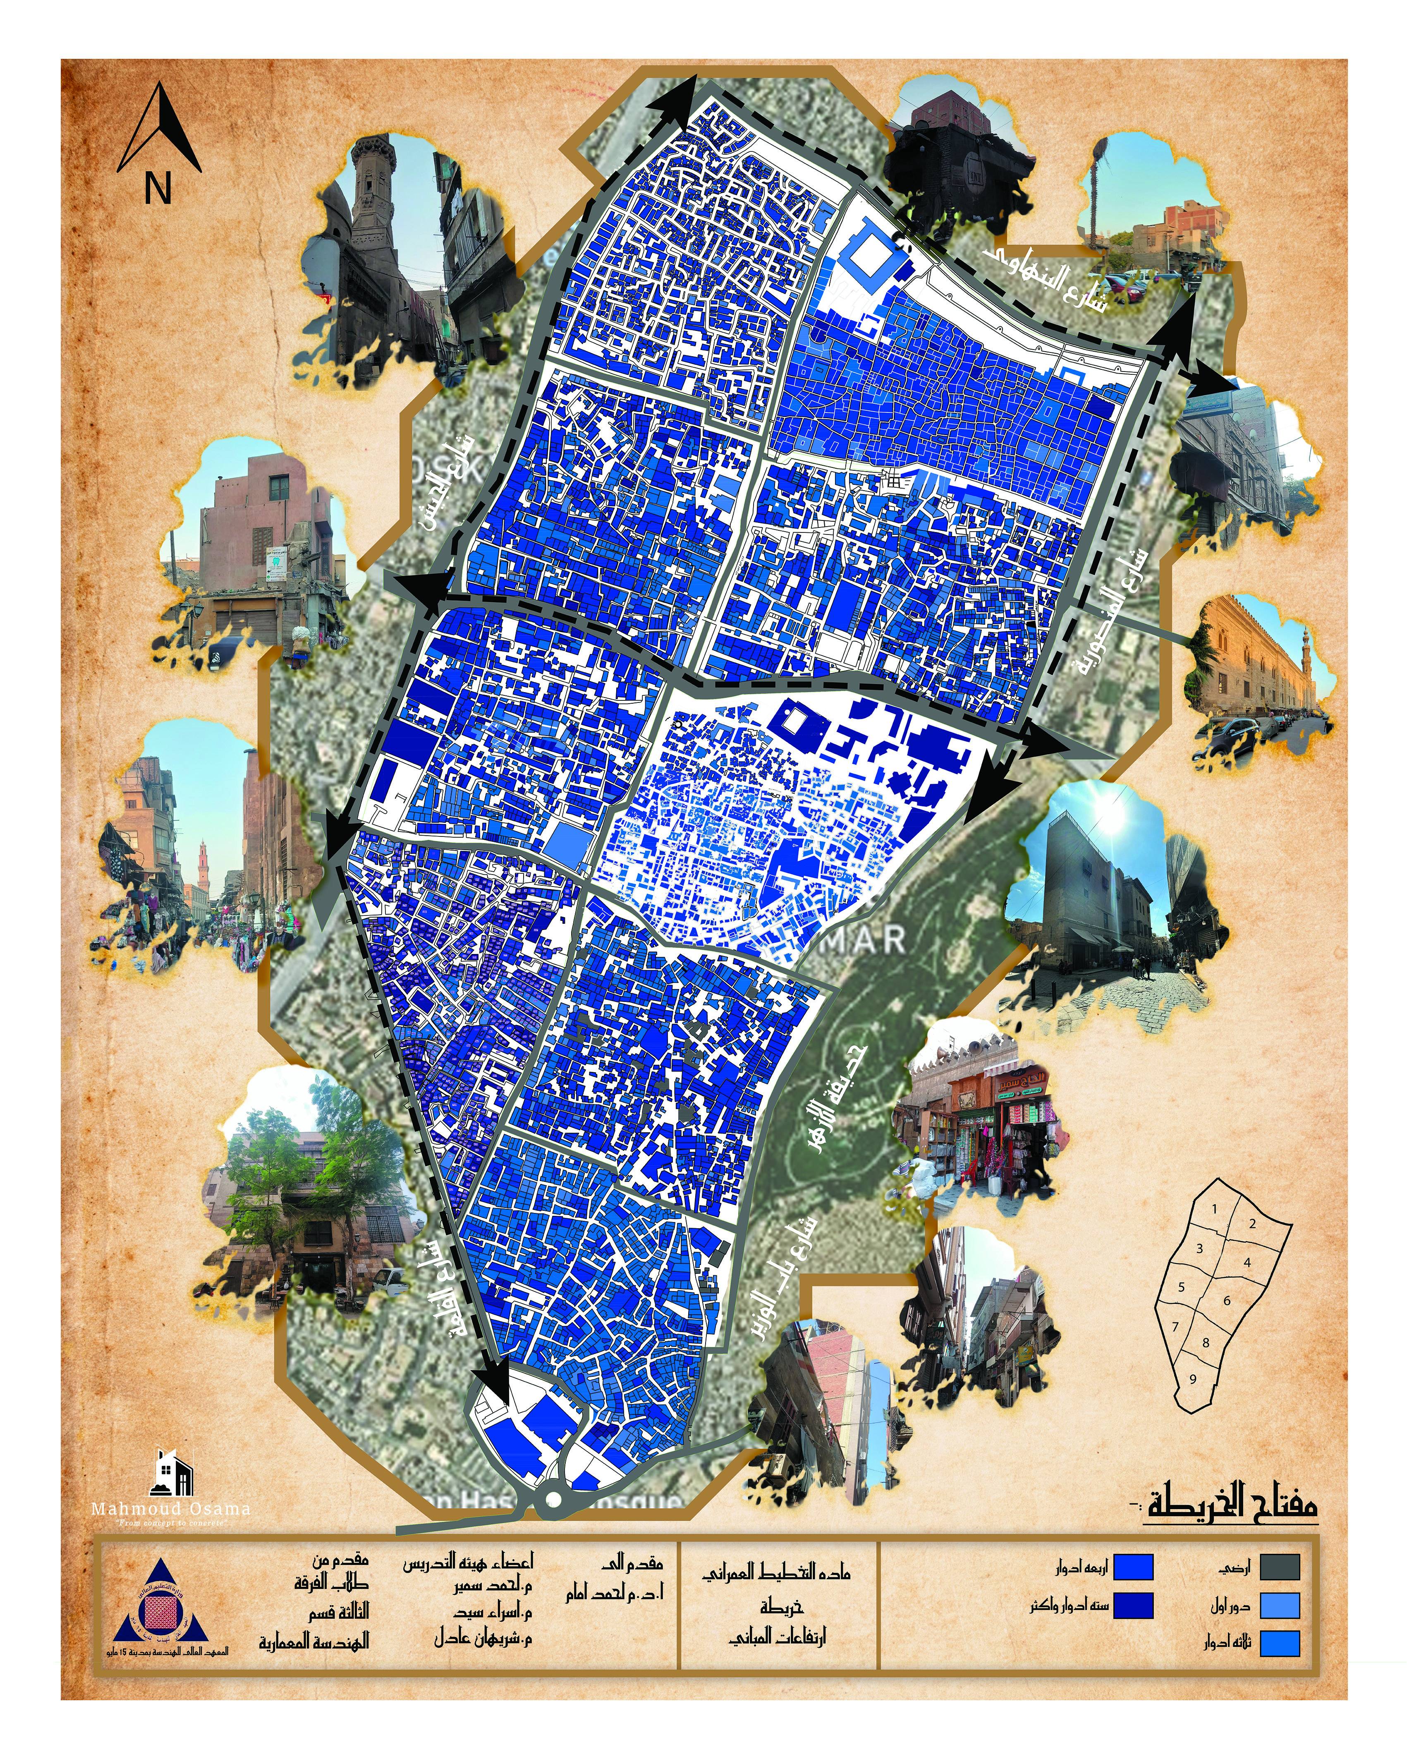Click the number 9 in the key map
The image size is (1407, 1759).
click(1192, 1379)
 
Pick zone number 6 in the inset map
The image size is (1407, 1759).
click(1227, 1301)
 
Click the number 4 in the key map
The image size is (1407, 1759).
click(1246, 1262)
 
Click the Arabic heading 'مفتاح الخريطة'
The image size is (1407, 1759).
click(1232, 1504)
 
